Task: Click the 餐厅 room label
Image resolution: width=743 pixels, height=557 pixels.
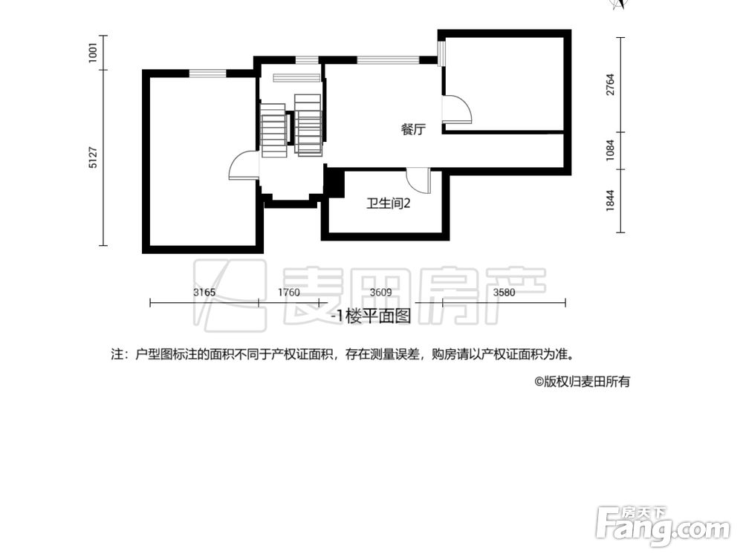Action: point(413,129)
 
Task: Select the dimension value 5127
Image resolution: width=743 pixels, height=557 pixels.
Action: point(94,158)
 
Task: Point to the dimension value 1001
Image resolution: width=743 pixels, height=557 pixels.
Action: point(94,53)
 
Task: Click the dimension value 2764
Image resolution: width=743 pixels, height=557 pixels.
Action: point(610,84)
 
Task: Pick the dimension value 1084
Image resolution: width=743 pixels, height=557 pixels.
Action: point(610,151)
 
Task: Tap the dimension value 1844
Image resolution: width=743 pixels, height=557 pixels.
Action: point(610,201)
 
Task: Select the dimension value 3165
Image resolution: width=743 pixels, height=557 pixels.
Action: point(204,292)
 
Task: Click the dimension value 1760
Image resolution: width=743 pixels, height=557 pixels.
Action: point(289,292)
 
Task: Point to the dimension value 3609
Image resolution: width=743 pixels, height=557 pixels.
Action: point(381,292)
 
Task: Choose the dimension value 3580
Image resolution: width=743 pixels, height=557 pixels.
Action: point(504,292)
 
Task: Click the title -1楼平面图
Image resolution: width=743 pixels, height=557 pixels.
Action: point(371,316)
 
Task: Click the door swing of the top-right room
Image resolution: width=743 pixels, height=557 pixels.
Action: point(457,110)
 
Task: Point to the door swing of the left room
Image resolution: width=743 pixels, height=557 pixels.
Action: point(242,166)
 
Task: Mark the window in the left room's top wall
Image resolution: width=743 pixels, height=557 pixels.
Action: point(207,72)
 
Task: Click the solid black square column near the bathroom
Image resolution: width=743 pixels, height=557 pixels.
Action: point(334,182)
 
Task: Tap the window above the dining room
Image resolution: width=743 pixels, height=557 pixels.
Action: point(388,59)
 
